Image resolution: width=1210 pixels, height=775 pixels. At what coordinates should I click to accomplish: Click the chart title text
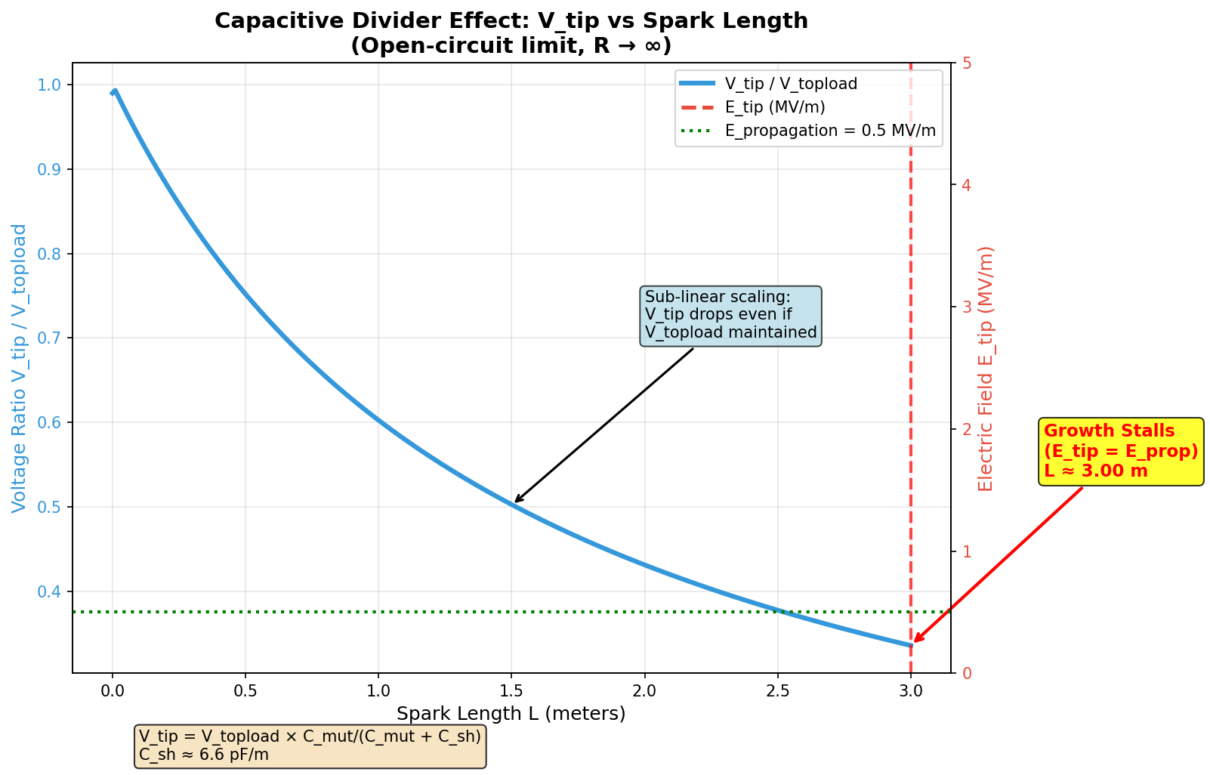point(511,33)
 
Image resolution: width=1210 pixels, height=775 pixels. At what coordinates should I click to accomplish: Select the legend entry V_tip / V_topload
point(790,83)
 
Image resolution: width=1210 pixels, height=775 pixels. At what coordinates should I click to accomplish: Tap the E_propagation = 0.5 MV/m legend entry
point(829,130)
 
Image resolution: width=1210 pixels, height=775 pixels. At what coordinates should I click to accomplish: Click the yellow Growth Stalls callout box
point(1120,451)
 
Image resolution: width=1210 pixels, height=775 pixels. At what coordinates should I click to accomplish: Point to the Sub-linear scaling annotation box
point(730,316)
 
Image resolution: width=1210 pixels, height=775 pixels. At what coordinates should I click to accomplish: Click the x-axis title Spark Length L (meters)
point(511,714)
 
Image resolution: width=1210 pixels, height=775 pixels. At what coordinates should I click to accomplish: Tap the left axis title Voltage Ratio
point(19,368)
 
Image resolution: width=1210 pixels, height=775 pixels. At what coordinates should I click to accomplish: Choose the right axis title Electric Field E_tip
point(986,368)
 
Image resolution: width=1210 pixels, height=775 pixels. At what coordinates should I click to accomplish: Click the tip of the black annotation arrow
point(515,502)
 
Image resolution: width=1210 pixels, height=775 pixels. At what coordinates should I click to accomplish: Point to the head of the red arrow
point(914,643)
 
